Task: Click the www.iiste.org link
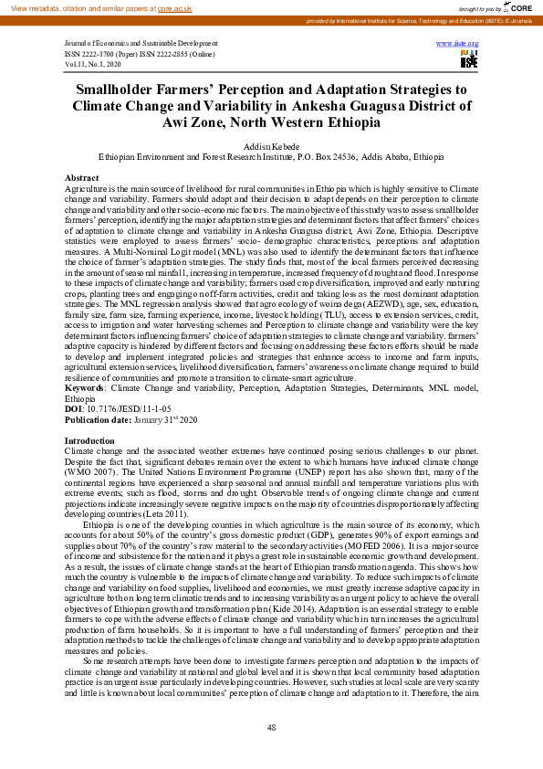point(458,43)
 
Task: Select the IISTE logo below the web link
point(468,59)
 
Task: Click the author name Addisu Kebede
point(270,145)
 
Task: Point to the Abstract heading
point(82,177)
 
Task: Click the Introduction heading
point(90,441)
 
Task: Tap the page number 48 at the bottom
point(271,727)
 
